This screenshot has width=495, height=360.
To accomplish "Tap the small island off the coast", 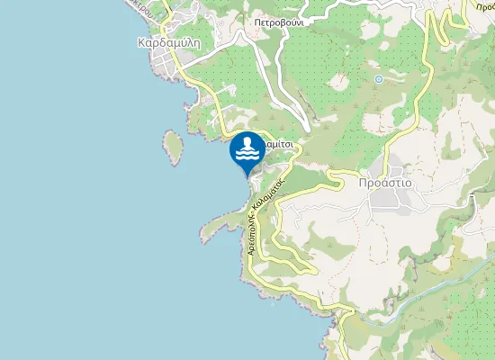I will (x=172, y=147).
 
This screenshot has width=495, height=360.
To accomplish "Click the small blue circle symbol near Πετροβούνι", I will (x=379, y=79).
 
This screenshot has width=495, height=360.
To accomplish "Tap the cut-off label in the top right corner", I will (x=476, y=4).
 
